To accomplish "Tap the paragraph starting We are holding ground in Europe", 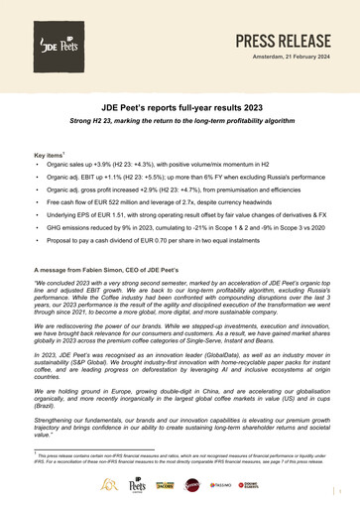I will click(x=180, y=423).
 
